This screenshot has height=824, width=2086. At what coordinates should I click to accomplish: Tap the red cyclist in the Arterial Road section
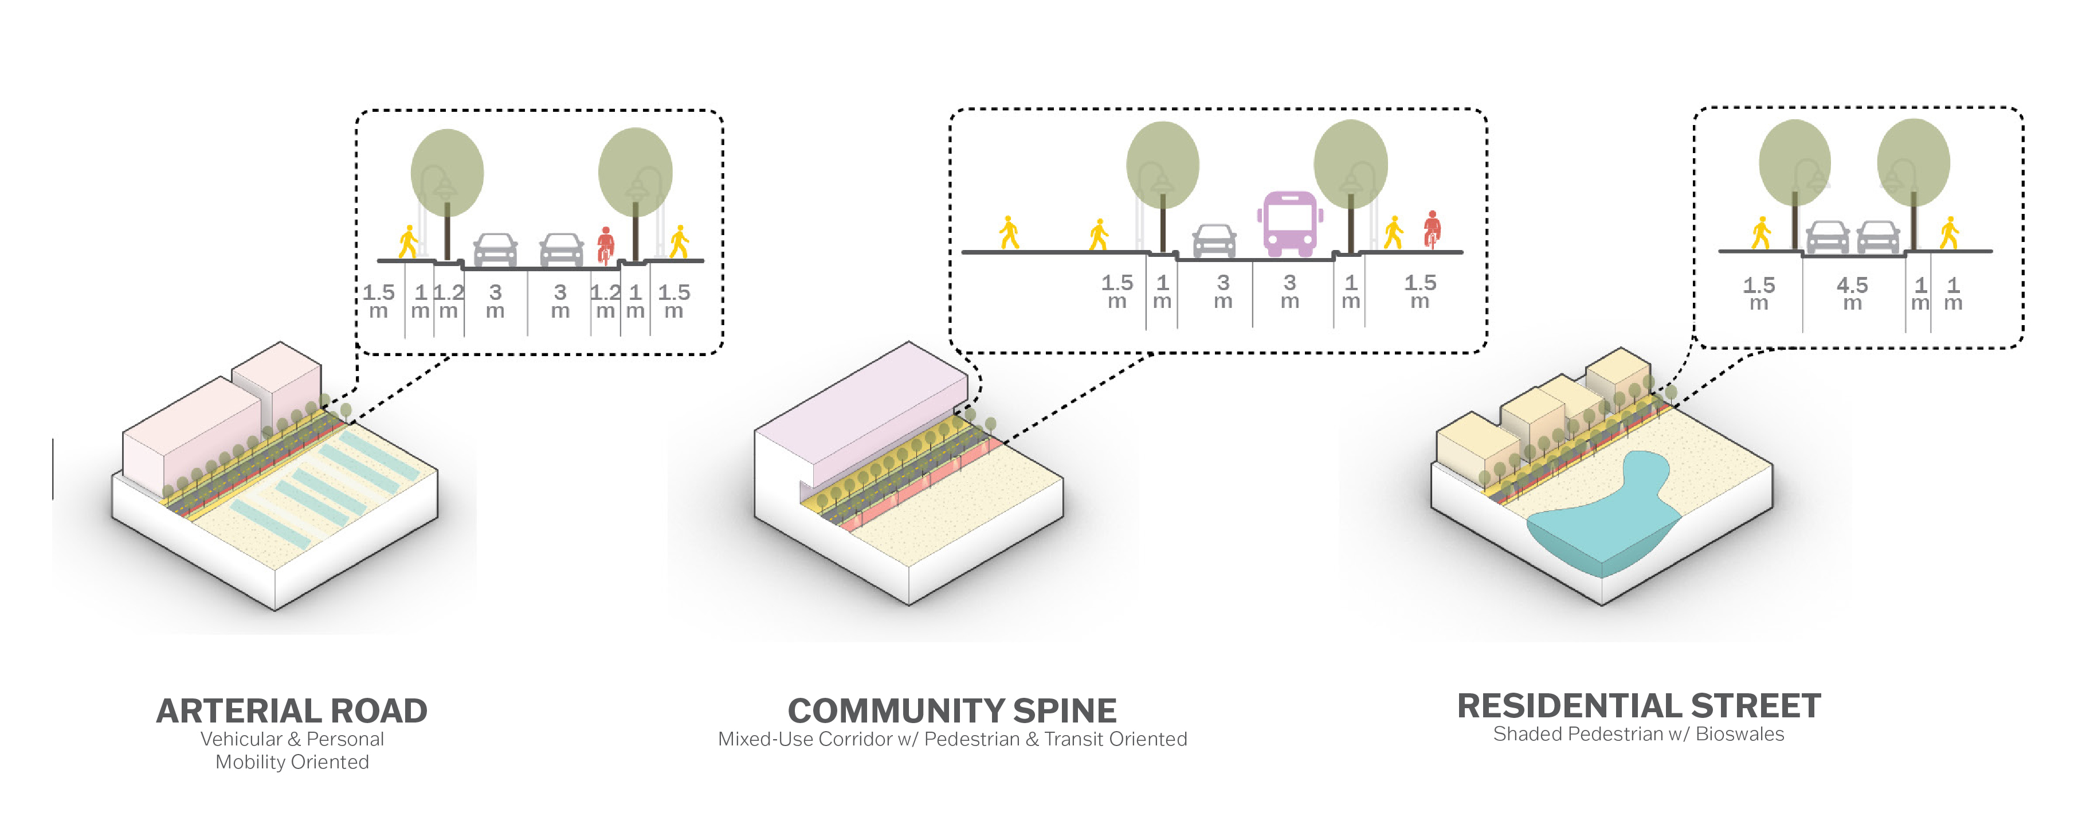click(605, 245)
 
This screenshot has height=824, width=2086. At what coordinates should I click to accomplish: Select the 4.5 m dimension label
click(1852, 292)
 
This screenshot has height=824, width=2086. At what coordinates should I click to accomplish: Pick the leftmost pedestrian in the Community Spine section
click(1008, 233)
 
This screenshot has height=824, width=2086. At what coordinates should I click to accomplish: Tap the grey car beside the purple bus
click(1214, 241)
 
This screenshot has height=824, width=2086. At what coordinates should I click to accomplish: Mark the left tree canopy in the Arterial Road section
click(447, 172)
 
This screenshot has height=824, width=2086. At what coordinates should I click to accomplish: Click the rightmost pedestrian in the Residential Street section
click(1949, 233)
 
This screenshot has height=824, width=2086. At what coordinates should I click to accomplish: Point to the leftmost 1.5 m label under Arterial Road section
click(378, 300)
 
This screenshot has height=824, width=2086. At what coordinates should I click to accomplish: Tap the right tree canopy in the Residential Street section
click(1913, 162)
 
